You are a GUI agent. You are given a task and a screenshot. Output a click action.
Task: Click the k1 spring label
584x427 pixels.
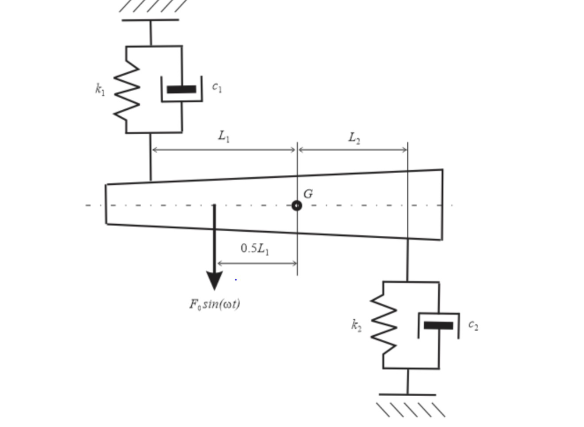100,89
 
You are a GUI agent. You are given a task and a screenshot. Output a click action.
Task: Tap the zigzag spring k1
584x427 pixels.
127,89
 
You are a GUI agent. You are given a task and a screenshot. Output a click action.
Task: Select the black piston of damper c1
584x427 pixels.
181,89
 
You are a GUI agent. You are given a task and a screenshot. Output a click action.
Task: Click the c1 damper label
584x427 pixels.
217,87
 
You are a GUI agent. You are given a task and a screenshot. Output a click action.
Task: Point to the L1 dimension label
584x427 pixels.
224,136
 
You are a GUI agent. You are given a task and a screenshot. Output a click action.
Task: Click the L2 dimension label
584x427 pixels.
354,138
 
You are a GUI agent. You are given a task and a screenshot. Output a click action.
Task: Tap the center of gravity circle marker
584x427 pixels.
297,206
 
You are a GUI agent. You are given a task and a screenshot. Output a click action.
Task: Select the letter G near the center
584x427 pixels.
308,194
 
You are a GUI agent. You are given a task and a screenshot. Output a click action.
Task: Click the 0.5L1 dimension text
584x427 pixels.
255,249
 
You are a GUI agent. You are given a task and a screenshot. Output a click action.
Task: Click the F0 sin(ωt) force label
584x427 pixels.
214,304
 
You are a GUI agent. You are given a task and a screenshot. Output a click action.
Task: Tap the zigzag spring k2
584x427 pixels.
384,324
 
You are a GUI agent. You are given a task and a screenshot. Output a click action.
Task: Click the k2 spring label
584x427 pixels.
356,325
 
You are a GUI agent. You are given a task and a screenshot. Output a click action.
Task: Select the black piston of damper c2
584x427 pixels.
438,325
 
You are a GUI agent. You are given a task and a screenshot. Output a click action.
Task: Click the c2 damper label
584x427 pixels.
473,325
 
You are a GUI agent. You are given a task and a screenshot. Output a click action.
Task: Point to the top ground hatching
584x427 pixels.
152,6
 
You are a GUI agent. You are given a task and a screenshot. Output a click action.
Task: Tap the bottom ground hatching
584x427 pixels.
410,409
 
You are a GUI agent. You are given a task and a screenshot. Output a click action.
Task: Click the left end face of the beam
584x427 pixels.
106,204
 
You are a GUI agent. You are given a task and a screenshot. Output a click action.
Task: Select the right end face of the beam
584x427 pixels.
442,204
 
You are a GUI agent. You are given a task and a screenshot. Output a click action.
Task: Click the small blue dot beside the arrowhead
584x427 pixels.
236,280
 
